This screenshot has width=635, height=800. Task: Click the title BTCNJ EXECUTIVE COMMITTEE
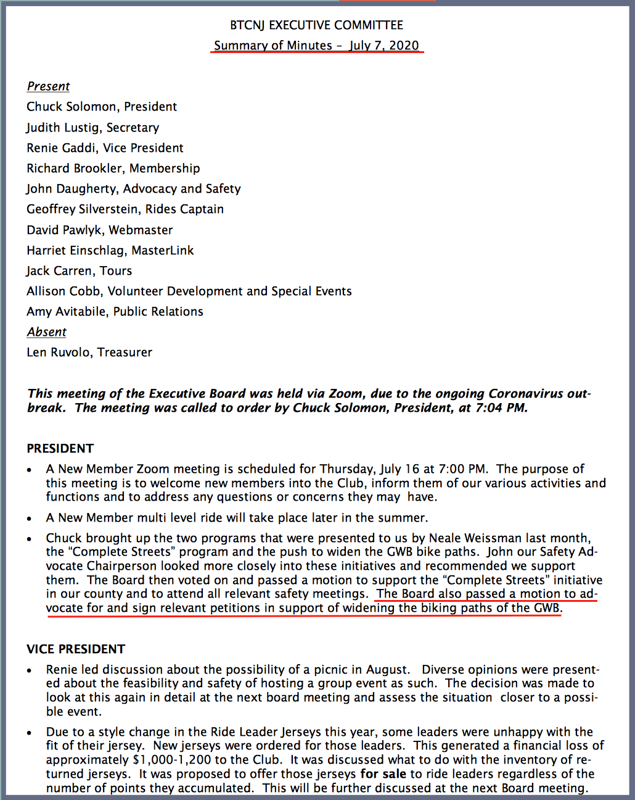point(316,25)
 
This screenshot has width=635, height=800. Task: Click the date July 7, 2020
point(384,46)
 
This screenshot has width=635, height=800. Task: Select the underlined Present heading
point(48,86)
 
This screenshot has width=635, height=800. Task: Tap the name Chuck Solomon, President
point(102,107)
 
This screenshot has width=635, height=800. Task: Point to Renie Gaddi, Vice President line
point(105,148)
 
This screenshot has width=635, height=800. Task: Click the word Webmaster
point(141,230)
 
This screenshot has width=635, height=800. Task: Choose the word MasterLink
point(163,251)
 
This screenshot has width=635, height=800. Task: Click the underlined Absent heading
point(46,332)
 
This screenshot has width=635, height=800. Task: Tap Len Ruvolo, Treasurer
point(89,352)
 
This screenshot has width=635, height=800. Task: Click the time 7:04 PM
point(501,408)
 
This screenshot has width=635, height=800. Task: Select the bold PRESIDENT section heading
point(60,449)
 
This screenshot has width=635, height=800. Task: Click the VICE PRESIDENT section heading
point(76,649)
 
